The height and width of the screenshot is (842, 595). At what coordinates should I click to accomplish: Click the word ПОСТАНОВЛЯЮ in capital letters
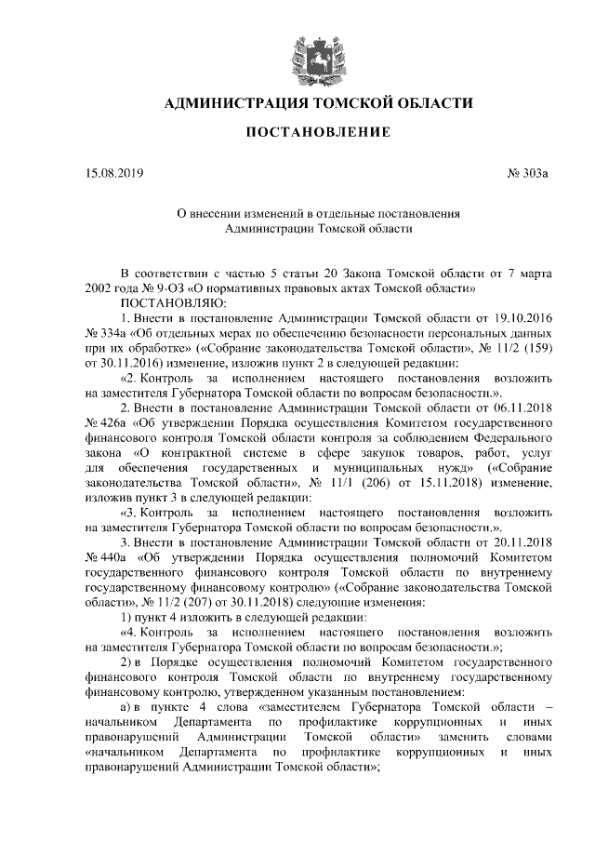[168, 303]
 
